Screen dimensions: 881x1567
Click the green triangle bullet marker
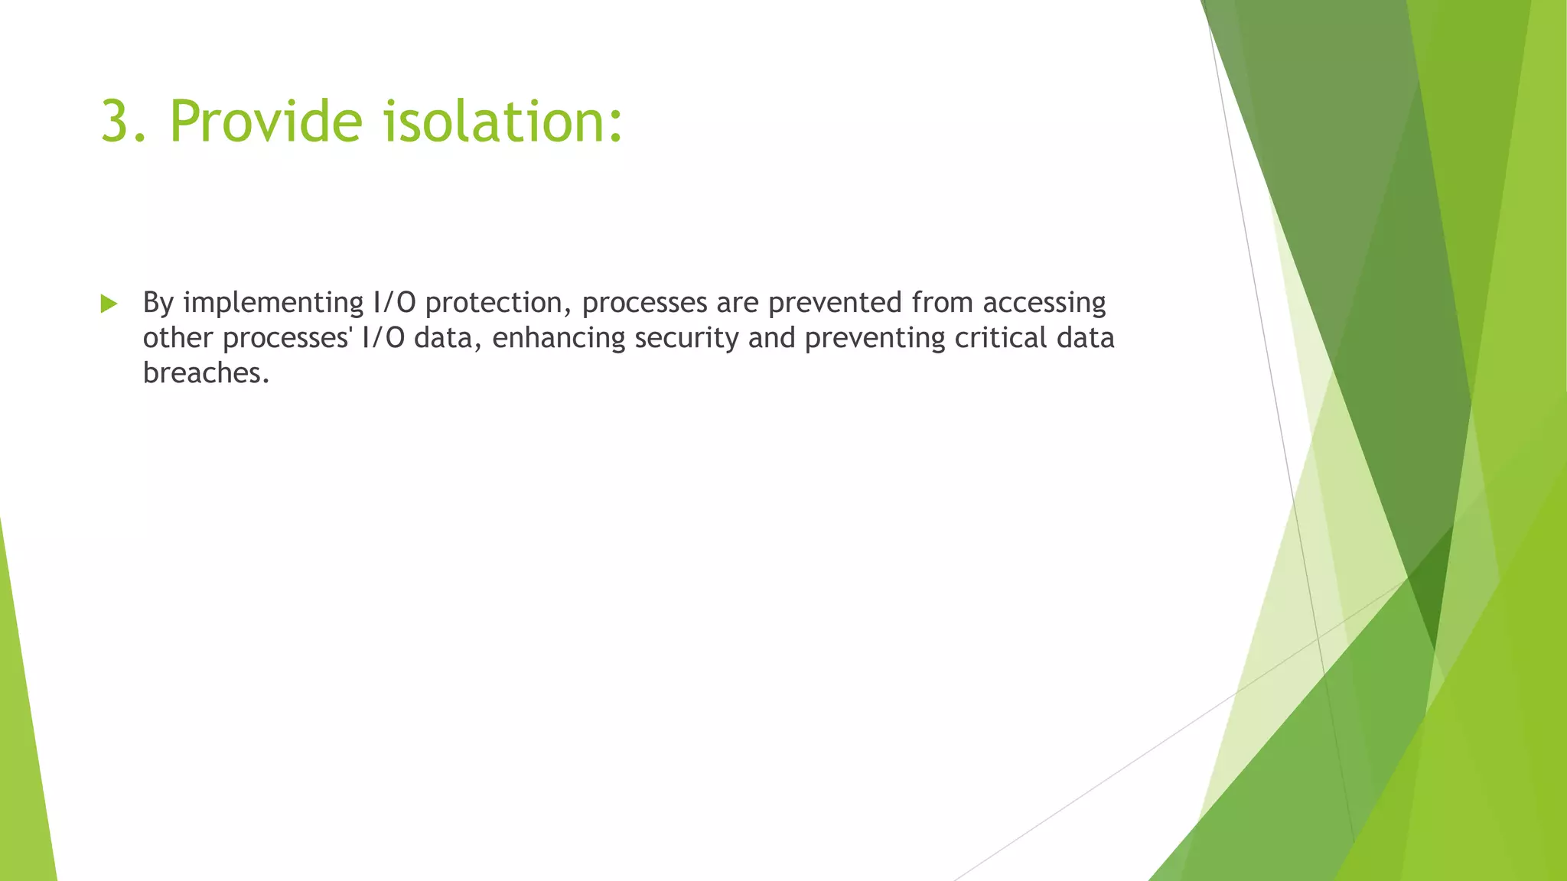coord(109,304)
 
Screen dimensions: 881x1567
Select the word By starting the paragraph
coord(158,303)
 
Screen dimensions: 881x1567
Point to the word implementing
coord(273,303)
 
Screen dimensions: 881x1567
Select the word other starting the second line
coord(178,338)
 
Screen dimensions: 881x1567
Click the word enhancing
coord(559,338)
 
